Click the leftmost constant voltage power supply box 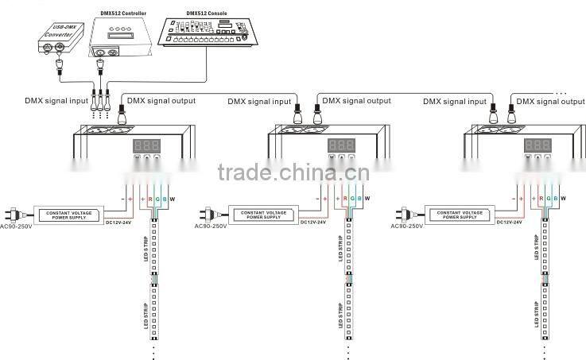pos(68,215)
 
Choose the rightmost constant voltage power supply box pos(460,215)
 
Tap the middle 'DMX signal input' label pos(260,102)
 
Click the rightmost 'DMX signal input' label pos(454,102)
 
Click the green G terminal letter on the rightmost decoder pos(549,198)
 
